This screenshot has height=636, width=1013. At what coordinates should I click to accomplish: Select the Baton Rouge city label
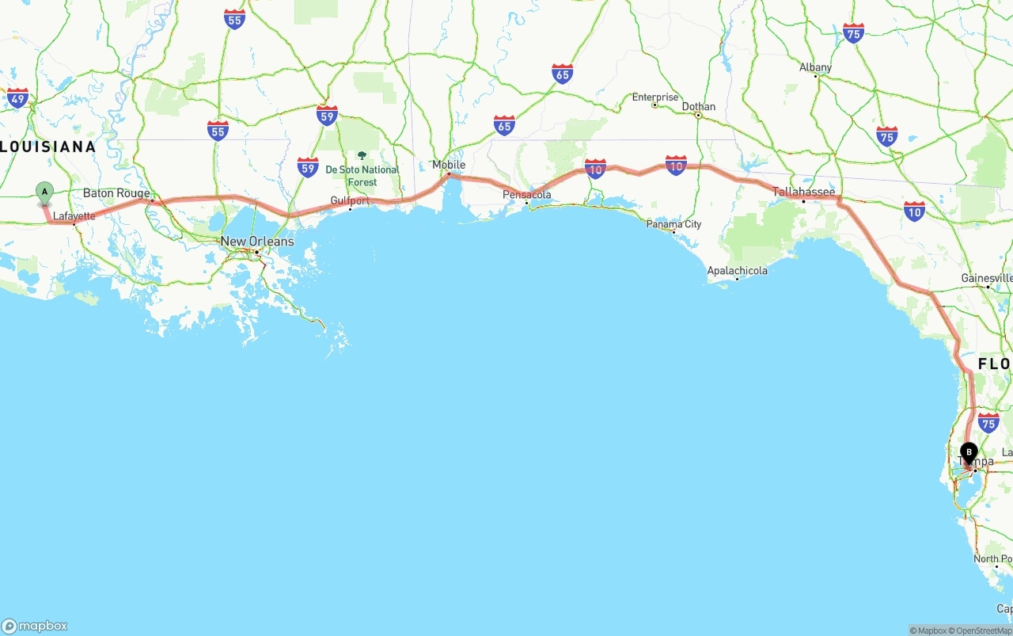[116, 193]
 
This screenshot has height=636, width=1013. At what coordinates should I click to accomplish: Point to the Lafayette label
[74, 215]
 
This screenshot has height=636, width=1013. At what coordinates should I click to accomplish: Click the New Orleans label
[257, 242]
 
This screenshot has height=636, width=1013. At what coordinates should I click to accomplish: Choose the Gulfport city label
[350, 201]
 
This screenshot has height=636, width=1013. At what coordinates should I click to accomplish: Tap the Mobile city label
[449, 165]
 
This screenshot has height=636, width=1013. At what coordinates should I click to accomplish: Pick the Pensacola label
[527, 195]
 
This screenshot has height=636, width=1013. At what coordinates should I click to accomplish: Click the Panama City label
[674, 224]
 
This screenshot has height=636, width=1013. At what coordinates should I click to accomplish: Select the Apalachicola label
[737, 271]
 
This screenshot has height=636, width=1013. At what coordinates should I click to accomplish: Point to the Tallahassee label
[804, 192]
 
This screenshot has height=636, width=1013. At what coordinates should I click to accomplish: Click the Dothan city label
[699, 107]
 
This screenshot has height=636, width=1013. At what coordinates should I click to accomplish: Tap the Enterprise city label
[655, 97]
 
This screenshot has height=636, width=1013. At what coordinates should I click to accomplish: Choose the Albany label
[815, 68]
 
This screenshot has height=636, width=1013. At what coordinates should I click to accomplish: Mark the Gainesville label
[986, 278]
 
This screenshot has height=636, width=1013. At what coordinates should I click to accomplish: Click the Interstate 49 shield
[17, 98]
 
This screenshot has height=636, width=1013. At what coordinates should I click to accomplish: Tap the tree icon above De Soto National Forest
[362, 156]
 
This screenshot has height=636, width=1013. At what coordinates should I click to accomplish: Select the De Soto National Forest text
[362, 176]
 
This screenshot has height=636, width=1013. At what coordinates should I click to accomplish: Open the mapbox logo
[35, 626]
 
